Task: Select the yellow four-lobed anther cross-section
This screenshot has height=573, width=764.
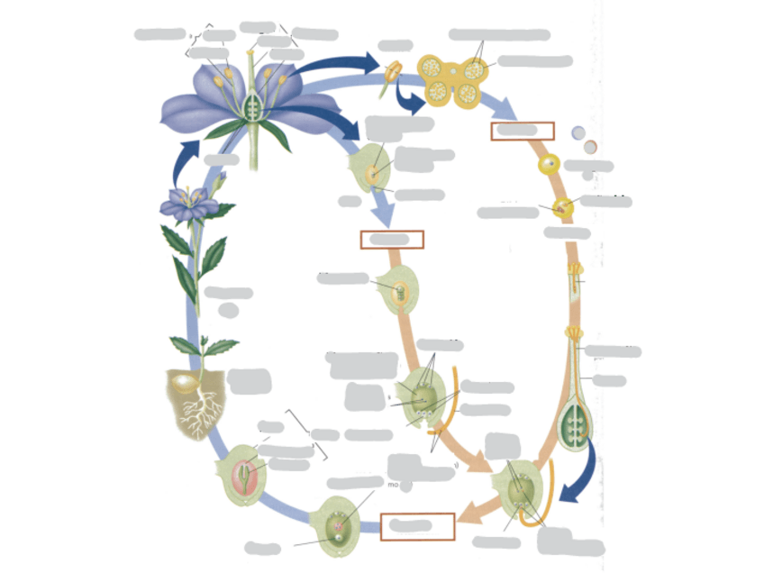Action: point(454,79)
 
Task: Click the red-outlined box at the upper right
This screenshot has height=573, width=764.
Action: point(522,131)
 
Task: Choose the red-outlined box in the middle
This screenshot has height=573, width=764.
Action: point(391,240)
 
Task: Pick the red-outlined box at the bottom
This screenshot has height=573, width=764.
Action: point(417,526)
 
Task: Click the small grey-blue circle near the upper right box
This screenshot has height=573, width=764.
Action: point(578,132)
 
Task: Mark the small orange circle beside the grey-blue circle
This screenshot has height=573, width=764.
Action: point(590,146)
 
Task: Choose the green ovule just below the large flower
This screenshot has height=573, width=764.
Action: point(370,168)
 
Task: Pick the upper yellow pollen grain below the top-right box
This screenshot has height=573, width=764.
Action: point(549,166)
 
